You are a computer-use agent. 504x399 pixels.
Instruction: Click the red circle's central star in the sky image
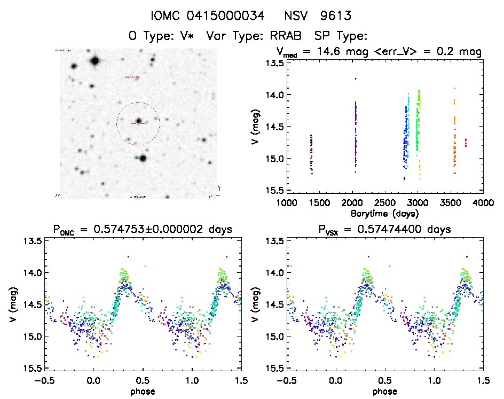[x=138, y=121]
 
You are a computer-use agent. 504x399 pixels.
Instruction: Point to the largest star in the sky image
[x=96, y=61]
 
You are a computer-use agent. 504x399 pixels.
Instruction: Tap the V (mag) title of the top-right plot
[x=257, y=127]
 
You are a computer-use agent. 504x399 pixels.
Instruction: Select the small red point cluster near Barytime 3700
[x=466, y=142]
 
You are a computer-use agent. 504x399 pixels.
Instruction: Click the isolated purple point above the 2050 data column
[x=355, y=79]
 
